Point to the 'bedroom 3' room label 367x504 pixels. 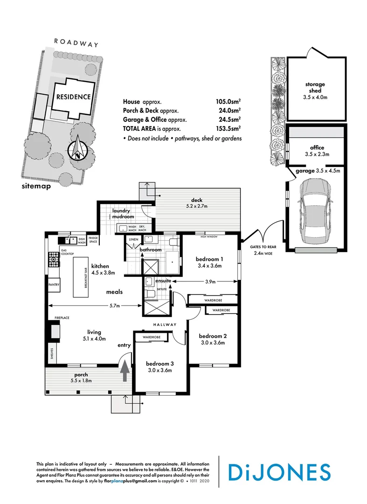(x=160, y=364)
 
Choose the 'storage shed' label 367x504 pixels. (x=315, y=87)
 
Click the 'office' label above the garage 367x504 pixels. (x=317, y=148)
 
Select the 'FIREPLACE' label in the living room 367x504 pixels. (x=62, y=318)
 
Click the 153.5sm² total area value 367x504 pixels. (x=231, y=128)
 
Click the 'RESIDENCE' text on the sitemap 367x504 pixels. (x=73, y=97)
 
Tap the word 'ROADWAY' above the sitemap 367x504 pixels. (x=76, y=42)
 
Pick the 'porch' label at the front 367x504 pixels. (x=81, y=374)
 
